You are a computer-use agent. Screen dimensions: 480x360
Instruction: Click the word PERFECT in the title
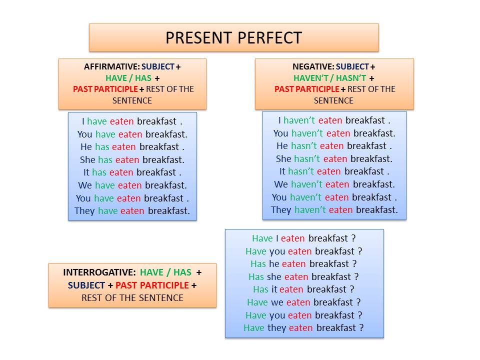(269, 38)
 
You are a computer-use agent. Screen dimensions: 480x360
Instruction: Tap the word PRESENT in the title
(199, 38)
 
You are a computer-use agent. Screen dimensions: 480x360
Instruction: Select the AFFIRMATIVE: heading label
(111, 66)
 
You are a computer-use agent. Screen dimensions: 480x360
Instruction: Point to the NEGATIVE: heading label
(313, 66)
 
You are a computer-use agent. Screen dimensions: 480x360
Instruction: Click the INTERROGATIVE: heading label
(99, 272)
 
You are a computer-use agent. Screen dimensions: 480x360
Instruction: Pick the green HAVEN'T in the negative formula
(310, 78)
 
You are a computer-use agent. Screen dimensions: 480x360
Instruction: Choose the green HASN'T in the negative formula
(351, 78)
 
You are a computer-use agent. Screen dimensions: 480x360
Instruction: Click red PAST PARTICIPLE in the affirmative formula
(105, 89)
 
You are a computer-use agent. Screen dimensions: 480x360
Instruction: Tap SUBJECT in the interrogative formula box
(86, 285)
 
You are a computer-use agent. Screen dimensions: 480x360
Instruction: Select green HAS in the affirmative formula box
(143, 78)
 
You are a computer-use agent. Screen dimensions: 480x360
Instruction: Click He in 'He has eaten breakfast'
(86, 147)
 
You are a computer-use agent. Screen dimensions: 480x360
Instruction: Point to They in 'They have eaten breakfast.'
(84, 211)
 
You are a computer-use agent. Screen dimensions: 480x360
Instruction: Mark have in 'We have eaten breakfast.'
(104, 185)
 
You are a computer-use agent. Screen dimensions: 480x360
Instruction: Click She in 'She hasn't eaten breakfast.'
(283, 159)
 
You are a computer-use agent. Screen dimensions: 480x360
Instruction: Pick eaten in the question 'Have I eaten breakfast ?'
(292, 238)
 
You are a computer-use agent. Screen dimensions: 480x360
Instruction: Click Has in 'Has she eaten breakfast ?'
(256, 276)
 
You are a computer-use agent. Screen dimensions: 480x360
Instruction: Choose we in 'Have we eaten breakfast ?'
(277, 303)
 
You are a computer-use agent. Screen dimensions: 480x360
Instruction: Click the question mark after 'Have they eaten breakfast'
(361, 328)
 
